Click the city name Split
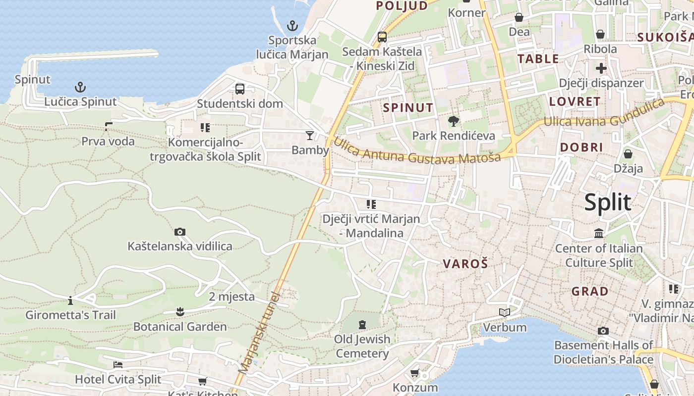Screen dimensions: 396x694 [x=608, y=202]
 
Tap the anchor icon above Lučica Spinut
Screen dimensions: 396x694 [x=80, y=88]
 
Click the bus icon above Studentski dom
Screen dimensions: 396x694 [x=240, y=89]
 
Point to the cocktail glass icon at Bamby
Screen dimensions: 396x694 [x=310, y=135]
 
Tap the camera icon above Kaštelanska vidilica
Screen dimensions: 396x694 [x=180, y=232]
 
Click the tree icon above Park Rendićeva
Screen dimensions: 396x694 [x=453, y=121]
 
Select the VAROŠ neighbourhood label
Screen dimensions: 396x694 [x=465, y=264]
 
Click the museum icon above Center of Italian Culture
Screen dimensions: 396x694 [x=599, y=233]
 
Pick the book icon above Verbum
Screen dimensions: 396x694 [x=505, y=312]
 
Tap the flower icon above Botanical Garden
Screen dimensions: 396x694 [x=180, y=312]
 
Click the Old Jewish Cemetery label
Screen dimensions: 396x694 [x=362, y=346]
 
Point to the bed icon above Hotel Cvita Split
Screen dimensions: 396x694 [x=118, y=365]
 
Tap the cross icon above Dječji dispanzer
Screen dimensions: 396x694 [x=601, y=68]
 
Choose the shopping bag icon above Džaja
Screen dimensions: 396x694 [x=628, y=153]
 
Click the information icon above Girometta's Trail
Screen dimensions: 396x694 [x=70, y=300]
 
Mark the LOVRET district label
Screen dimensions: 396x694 [x=575, y=102]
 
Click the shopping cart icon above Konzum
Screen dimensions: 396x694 [x=415, y=373]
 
